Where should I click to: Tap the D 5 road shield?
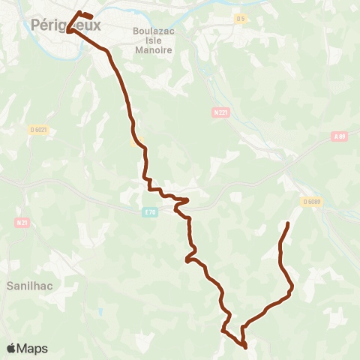coord(240,19)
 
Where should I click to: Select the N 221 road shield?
coord(218,112)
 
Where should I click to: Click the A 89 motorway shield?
coord(340,136)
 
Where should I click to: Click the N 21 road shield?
coord(21,222)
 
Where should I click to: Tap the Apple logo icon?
coord(11,348)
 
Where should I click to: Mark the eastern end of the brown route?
coord(289,223)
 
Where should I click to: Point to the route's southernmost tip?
coord(246,346)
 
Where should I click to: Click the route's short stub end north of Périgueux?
coord(91,16)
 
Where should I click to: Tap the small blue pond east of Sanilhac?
coord(98,310)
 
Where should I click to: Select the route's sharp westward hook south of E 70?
coord(186,260)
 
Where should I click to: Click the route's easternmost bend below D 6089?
coord(292,286)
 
